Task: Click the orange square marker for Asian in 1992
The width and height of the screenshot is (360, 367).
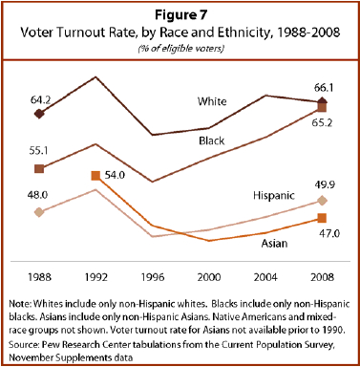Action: pos(95,176)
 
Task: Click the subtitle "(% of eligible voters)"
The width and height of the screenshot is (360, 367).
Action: pos(180,48)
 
